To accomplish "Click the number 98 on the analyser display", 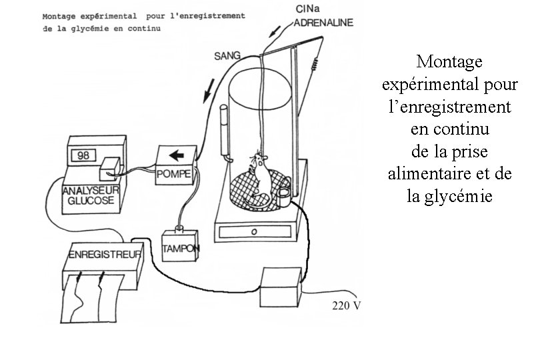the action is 83,155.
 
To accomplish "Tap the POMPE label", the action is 173,175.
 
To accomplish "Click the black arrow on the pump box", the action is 177,156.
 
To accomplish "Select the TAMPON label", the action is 181,247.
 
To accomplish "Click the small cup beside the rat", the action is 284,193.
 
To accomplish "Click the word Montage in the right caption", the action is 448,63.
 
